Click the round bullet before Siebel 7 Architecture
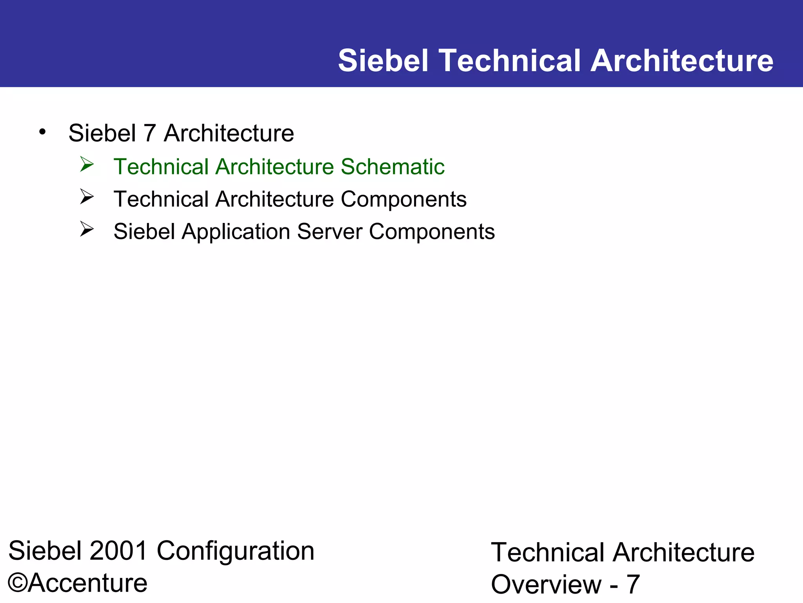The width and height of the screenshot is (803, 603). click(x=42, y=132)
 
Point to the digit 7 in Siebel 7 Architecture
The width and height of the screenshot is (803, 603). click(x=150, y=133)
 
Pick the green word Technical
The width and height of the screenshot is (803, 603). click(x=161, y=166)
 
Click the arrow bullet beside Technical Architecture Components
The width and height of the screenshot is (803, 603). click(x=87, y=197)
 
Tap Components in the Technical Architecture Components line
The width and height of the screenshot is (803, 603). click(x=403, y=199)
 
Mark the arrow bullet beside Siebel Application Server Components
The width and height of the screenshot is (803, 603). click(x=87, y=229)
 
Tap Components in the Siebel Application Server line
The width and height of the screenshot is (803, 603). click(x=432, y=232)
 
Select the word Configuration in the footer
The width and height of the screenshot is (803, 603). click(x=235, y=551)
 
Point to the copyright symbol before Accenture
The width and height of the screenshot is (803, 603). click(x=18, y=583)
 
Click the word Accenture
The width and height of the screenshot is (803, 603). click(x=87, y=583)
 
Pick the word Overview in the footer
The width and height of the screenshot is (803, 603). click(x=546, y=585)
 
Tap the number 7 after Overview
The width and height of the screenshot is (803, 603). click(x=633, y=585)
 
